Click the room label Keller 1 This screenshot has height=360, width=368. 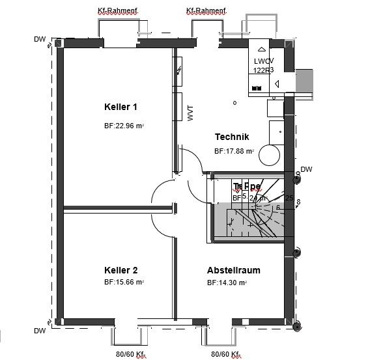(120, 107)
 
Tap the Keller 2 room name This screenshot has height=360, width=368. (120, 270)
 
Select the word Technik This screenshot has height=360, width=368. (232, 137)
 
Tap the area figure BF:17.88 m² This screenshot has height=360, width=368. (234, 151)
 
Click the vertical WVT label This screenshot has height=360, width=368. (191, 114)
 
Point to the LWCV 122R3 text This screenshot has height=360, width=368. (263, 65)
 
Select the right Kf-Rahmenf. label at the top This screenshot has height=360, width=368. (206, 10)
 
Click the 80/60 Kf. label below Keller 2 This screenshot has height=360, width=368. (130, 355)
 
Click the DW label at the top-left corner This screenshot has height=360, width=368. (40, 40)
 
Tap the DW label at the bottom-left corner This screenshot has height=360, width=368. (40, 331)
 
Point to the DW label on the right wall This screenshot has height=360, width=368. (307, 169)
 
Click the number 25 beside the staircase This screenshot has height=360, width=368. (289, 197)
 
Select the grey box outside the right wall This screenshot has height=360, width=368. (305, 81)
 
